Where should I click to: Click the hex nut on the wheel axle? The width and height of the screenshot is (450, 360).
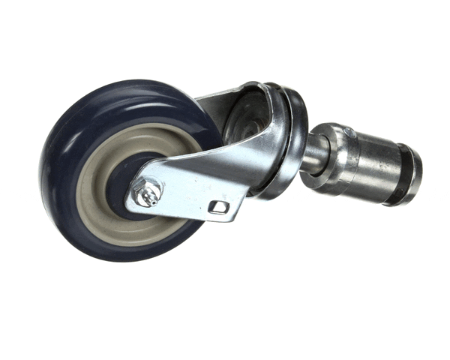143,192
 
